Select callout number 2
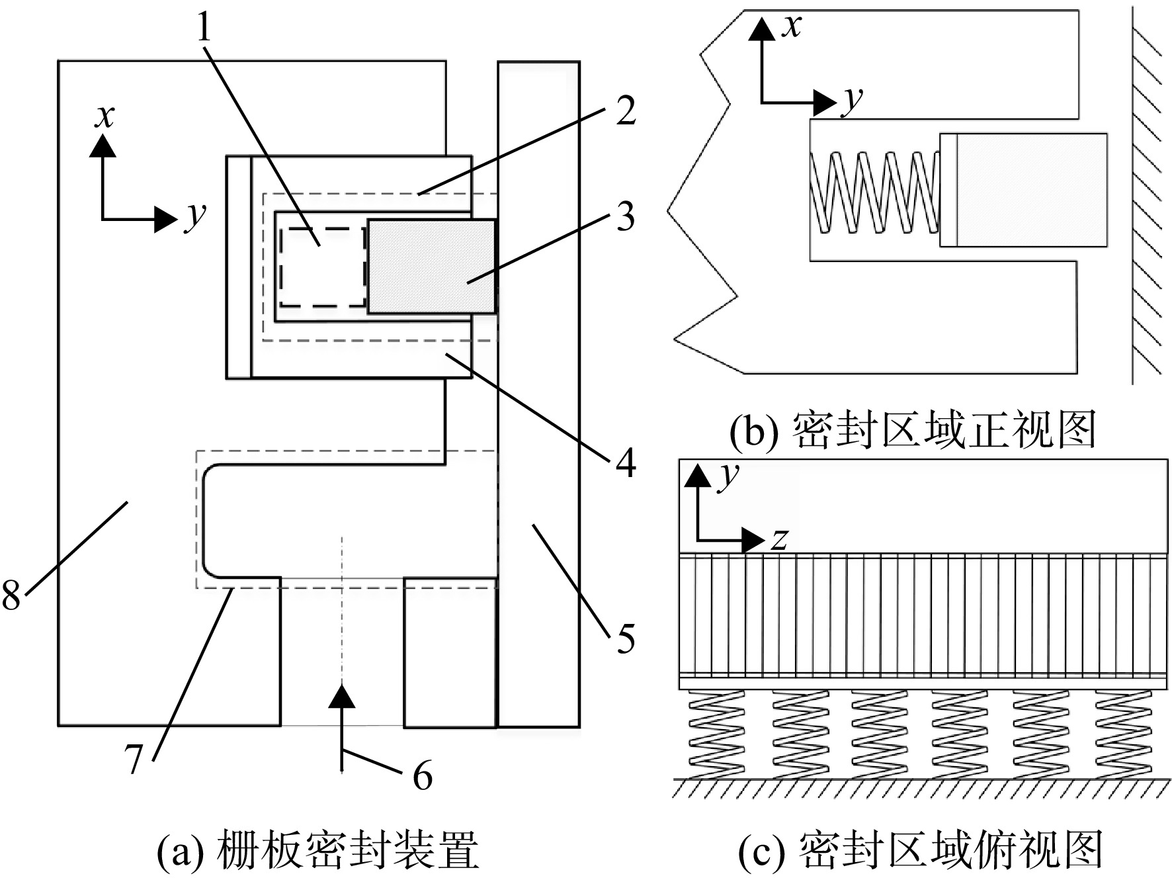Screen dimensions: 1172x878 click(625, 110)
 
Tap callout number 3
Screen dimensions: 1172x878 click(625, 216)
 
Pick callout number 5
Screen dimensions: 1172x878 click(626, 638)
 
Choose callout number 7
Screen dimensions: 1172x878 click(134, 758)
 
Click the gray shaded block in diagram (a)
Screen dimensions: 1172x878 click(431, 266)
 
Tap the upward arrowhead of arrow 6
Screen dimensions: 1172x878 click(341, 697)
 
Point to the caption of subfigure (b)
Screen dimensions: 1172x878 click(913, 431)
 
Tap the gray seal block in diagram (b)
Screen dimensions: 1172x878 click(1024, 190)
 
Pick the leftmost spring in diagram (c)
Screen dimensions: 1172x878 click(717, 734)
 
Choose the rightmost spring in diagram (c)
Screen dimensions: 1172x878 click(1123, 734)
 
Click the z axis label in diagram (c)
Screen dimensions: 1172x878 click(780, 541)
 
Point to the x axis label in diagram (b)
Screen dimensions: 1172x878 click(791, 26)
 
